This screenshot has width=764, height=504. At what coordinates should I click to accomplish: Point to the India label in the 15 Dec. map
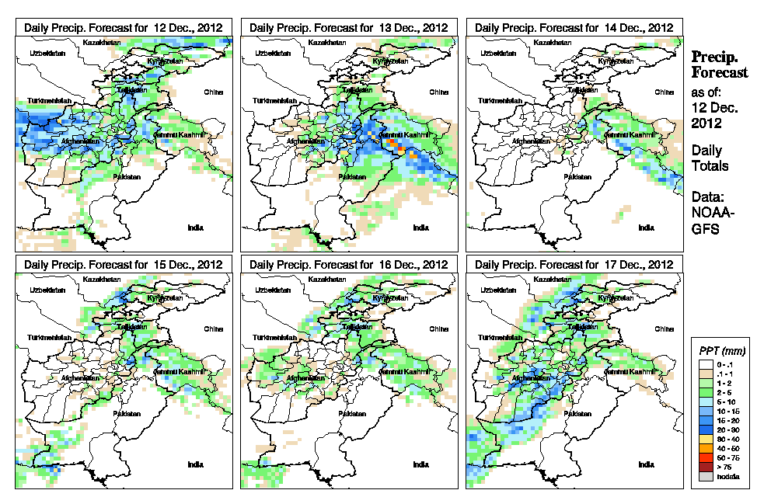195,464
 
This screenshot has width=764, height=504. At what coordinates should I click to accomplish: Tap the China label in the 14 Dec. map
665,92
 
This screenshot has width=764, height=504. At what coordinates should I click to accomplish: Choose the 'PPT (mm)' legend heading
720,350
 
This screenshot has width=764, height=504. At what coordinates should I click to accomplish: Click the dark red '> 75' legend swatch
704,467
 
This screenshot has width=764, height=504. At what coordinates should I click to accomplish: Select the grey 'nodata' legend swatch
704,476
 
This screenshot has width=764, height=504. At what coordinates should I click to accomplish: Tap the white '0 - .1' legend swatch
704,363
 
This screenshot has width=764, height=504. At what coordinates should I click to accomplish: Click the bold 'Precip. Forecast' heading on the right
719,64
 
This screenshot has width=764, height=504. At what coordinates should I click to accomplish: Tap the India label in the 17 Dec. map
646,464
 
